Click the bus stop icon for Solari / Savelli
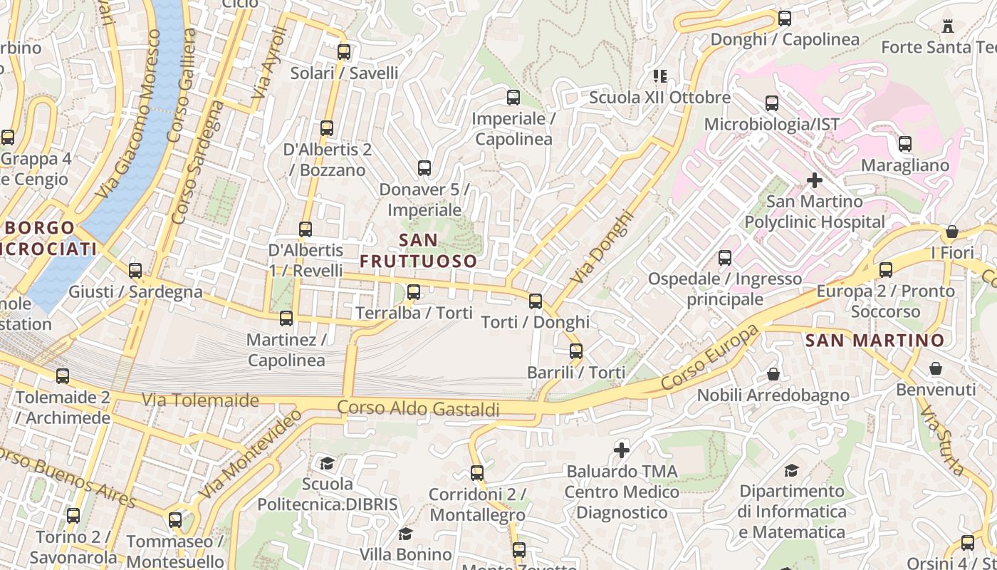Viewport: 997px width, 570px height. [344, 52]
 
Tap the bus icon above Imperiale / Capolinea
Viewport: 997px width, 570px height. [513, 98]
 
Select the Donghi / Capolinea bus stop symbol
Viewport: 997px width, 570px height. [785, 19]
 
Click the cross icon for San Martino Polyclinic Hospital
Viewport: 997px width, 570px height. [815, 180]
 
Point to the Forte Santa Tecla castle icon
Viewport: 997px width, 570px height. [948, 26]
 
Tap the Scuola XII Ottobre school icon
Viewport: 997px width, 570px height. [660, 76]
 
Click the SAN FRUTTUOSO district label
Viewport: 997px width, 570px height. [418, 250]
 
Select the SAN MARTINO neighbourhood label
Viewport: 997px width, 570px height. [875, 341]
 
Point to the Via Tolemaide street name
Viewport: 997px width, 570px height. [200, 400]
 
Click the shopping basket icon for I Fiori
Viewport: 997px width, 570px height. [951, 232]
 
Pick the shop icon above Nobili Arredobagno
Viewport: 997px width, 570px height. [773, 374]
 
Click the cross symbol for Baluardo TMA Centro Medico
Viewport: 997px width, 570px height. [622, 450]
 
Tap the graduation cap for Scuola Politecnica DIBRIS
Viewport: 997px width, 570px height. [327, 464]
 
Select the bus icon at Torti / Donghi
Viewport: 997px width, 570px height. [536, 301]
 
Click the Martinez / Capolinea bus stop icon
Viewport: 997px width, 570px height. [286, 318]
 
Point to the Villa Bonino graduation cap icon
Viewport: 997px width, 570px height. [405, 534]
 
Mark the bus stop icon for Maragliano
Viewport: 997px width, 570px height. [905, 144]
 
